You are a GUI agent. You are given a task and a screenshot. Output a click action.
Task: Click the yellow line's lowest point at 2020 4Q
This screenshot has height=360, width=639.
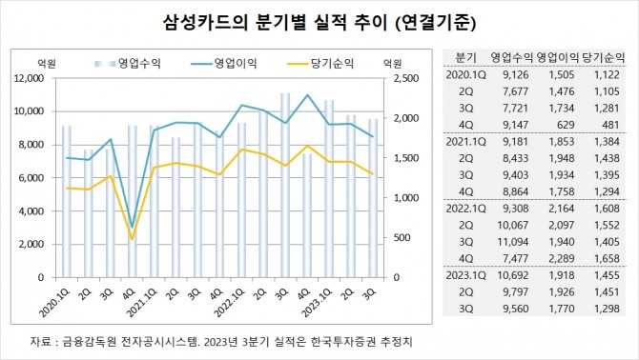[x=132, y=238]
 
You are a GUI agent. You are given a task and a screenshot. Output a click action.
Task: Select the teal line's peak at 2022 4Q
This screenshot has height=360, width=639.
[x=306, y=95]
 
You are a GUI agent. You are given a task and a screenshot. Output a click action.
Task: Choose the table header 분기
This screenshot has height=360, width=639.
[x=465, y=57]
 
